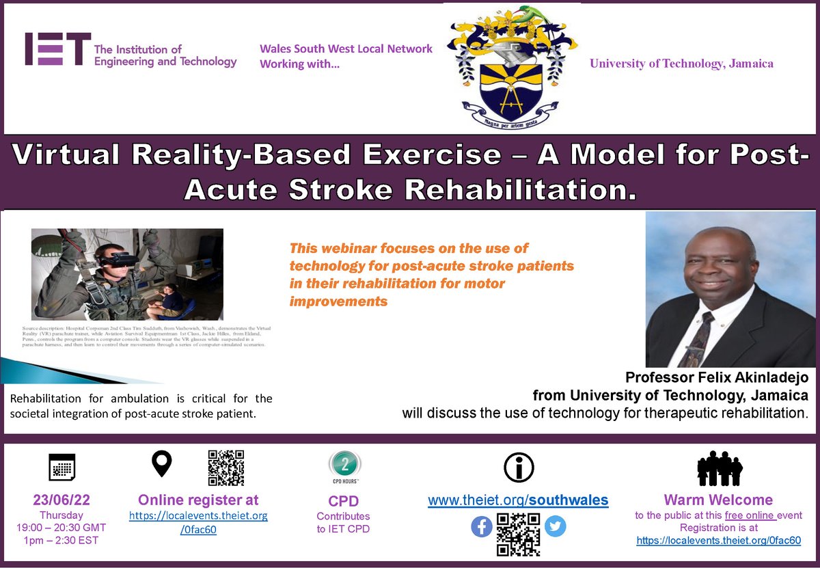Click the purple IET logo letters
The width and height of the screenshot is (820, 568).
tap(57, 49)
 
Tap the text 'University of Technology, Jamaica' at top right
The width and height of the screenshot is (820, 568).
tap(681, 64)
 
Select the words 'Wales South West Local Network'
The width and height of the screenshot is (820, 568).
tap(346, 49)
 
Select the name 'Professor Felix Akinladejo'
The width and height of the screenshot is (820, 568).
tap(717, 378)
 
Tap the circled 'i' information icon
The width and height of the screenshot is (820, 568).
tap(518, 468)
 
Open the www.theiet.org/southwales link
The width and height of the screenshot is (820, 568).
tap(517, 500)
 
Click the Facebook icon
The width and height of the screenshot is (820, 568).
tap(482, 526)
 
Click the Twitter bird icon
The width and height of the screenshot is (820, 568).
tap(555, 526)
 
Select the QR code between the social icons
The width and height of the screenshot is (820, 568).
tap(519, 534)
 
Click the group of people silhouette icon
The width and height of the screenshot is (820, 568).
tap(719, 468)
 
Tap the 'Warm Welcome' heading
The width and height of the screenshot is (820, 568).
tap(719, 500)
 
